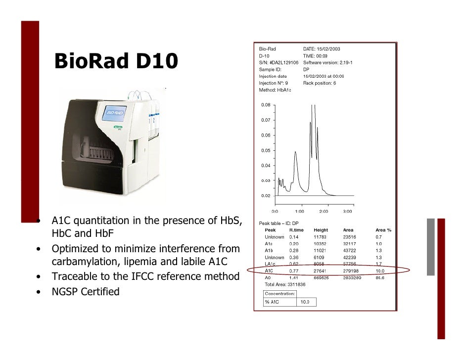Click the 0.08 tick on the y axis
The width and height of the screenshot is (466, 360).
tap(266, 105)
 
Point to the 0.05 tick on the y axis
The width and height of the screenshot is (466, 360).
tap(266, 150)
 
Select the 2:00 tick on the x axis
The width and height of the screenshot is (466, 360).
tap(324, 211)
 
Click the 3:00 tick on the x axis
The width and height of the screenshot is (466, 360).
tap(348, 211)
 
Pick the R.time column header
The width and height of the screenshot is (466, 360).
tap(297, 230)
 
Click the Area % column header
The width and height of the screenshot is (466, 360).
tap(383, 230)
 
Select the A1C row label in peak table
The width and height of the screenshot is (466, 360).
tap(269, 270)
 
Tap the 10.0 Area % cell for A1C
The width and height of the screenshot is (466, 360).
tap(380, 270)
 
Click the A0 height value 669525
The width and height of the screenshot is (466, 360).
tap(322, 277)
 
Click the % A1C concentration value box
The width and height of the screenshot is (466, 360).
tap(305, 302)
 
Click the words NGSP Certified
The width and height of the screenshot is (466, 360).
tap(86, 291)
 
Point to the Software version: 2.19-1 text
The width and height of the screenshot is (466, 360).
tap(327, 63)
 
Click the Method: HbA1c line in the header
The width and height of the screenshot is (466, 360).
tap(275, 90)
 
